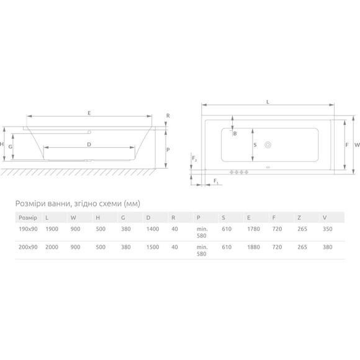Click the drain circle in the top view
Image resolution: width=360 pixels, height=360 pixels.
click(x=268, y=145)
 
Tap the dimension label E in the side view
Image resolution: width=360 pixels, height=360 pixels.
click(x=89, y=113)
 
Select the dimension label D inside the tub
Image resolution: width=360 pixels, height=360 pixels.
click(x=89, y=145)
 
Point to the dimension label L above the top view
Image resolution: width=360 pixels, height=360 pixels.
click(x=268, y=102)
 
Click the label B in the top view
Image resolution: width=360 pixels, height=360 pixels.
click(x=235, y=133)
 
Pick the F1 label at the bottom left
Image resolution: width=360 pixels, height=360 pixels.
click(x=216, y=181)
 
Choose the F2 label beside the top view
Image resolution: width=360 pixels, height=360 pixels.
click(x=194, y=158)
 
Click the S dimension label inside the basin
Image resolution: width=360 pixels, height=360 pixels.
click(x=255, y=145)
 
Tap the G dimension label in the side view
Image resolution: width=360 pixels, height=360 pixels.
click(x=10, y=146)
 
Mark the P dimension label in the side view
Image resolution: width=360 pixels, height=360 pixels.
click(x=168, y=150)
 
